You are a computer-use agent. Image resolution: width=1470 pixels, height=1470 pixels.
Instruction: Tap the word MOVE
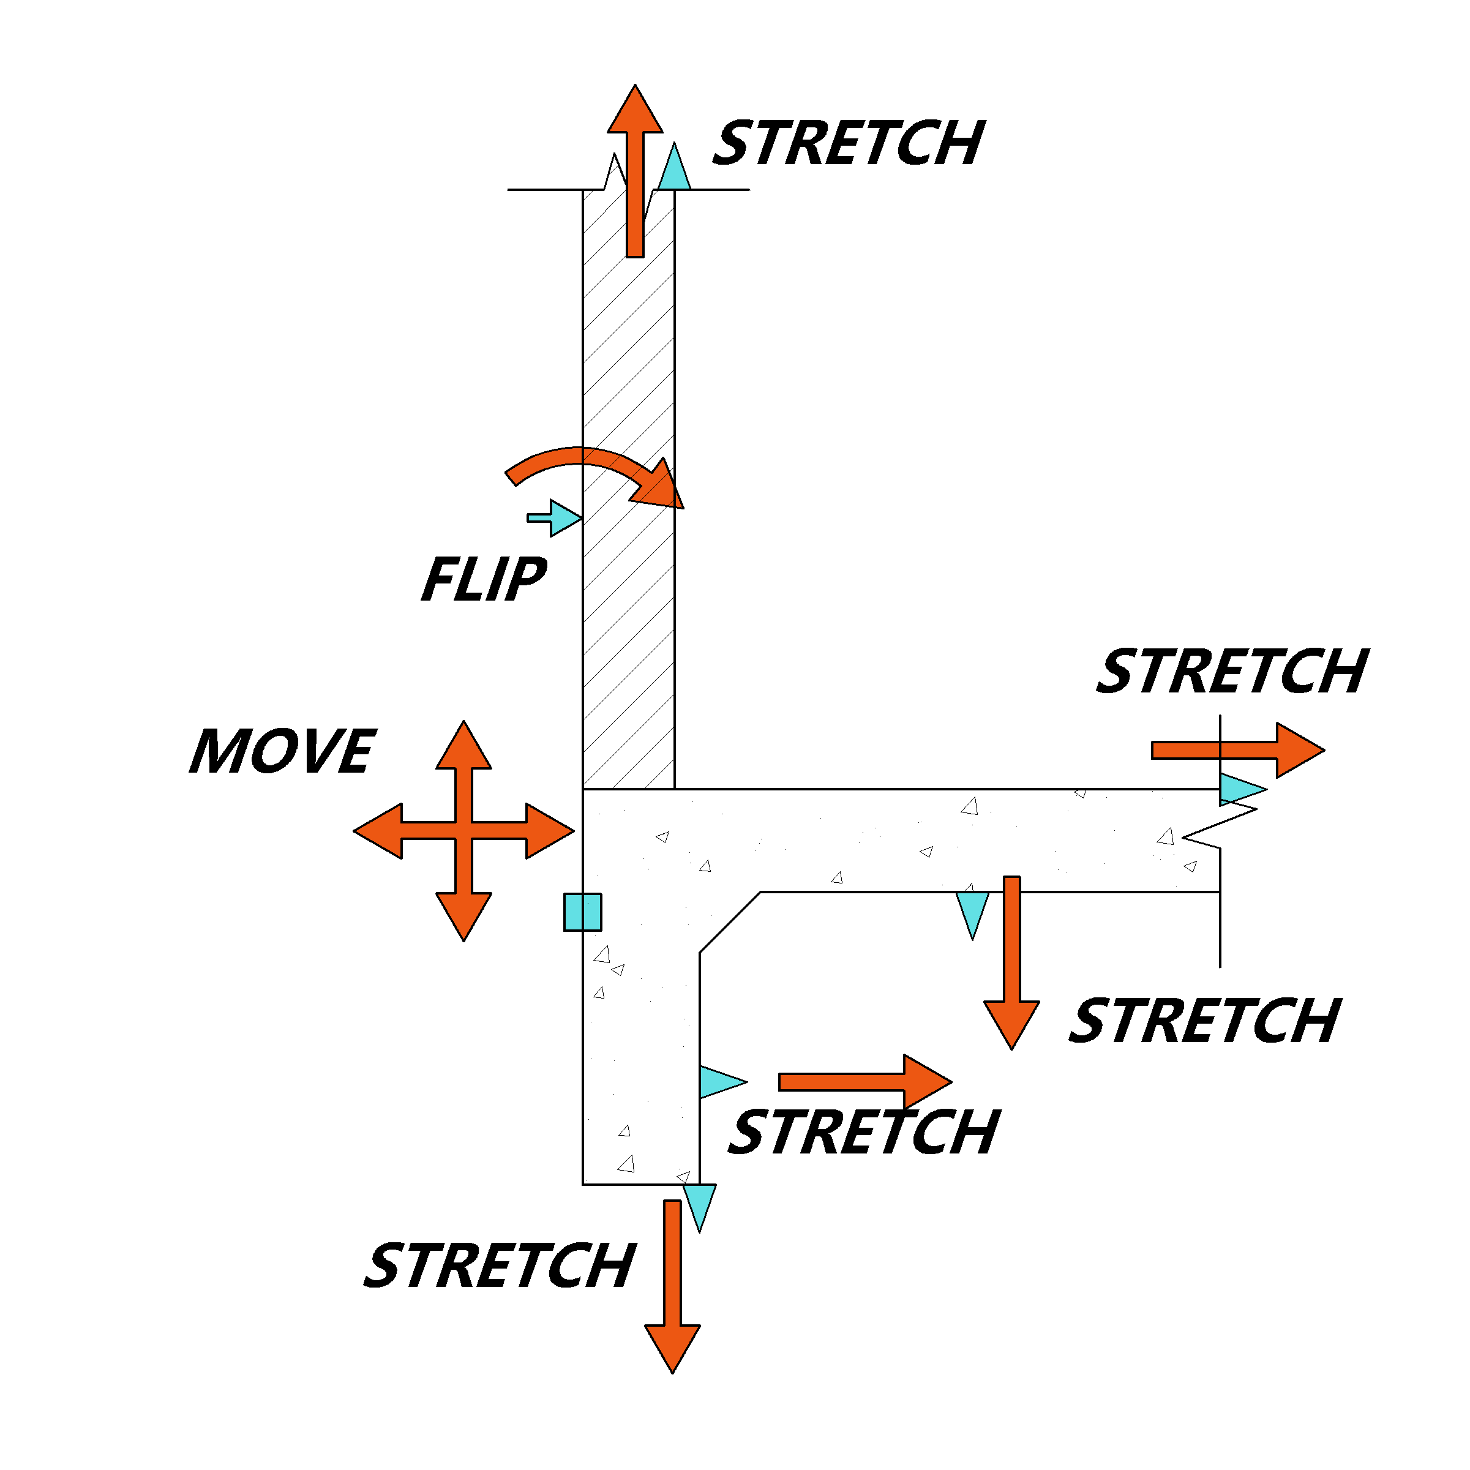(283, 751)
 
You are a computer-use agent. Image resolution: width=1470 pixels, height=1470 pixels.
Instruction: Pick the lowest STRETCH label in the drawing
(500, 1266)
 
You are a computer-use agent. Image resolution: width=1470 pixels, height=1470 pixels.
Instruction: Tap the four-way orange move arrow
(463, 831)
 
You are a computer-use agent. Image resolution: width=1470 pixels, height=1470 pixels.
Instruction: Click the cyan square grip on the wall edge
(583, 912)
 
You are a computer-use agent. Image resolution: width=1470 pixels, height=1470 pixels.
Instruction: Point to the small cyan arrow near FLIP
(559, 518)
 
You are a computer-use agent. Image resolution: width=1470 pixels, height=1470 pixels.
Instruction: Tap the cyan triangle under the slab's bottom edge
(972, 911)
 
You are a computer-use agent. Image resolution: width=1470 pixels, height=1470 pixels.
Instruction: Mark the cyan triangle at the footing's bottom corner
(699, 1202)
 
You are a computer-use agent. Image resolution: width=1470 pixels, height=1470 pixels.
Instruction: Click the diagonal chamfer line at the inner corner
(730, 922)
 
